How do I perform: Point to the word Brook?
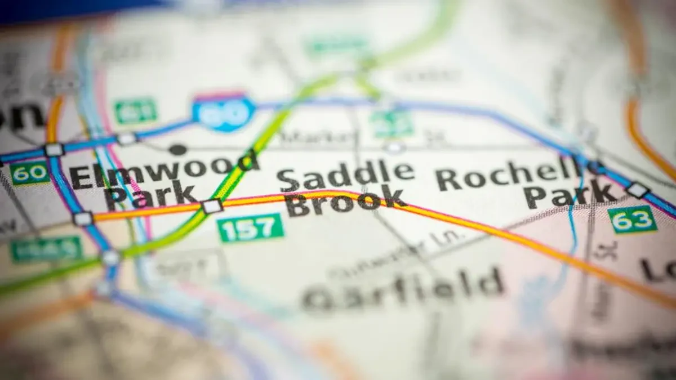click(x=345, y=203)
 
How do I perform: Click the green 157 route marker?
click(x=250, y=227)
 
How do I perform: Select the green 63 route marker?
click(x=632, y=219)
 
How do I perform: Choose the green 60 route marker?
click(x=29, y=173)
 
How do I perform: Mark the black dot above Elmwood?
click(x=177, y=149)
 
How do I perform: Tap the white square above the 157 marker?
click(x=212, y=206)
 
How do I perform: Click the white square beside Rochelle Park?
click(x=637, y=190)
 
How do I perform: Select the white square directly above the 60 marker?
click(x=54, y=150)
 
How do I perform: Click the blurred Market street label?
click(x=319, y=136)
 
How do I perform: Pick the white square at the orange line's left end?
click(x=83, y=218)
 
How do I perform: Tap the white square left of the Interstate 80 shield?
click(x=126, y=138)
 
